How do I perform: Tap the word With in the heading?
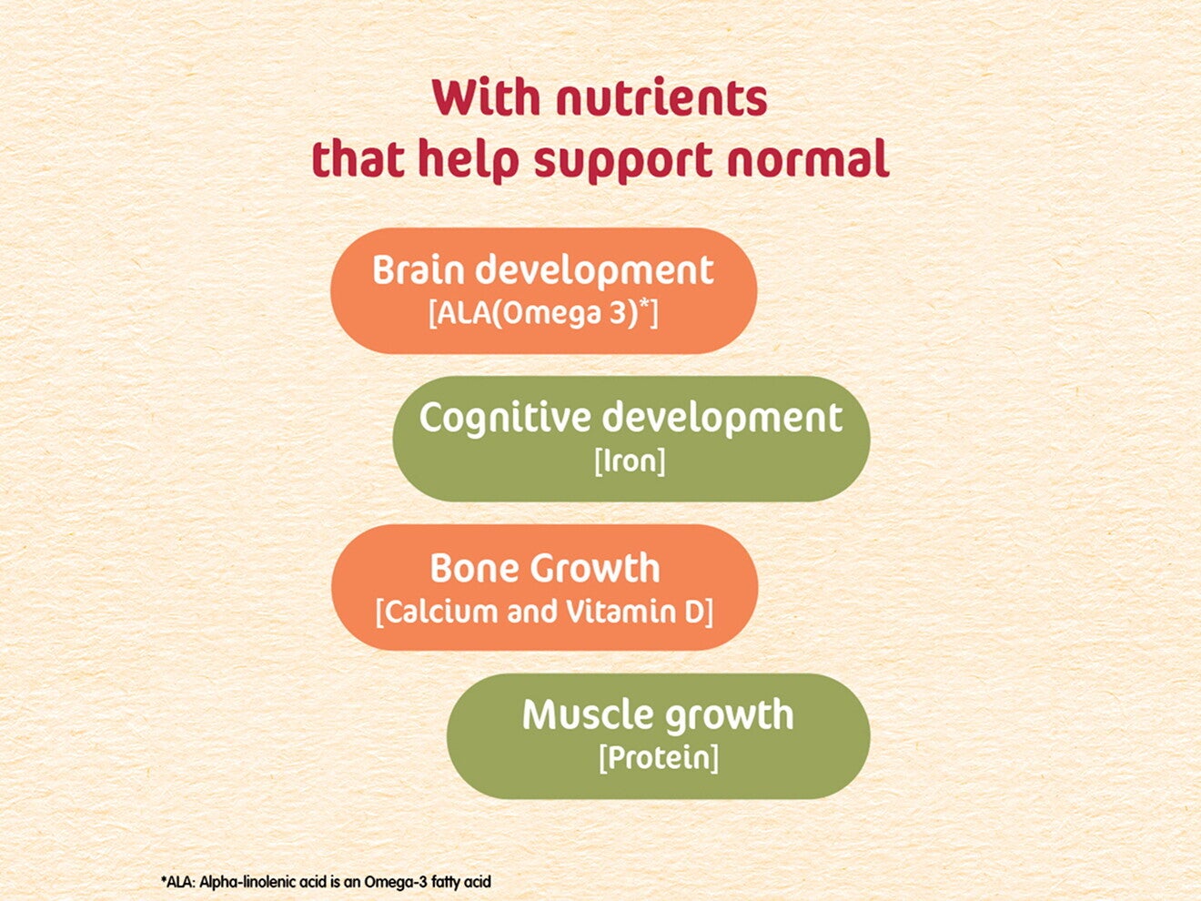pos(488,98)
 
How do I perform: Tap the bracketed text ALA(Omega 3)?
pos(537,313)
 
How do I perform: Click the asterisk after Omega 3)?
pos(644,306)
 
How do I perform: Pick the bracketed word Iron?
pos(630,461)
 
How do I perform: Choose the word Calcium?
pos(440,611)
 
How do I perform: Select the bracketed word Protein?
pos(659,757)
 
